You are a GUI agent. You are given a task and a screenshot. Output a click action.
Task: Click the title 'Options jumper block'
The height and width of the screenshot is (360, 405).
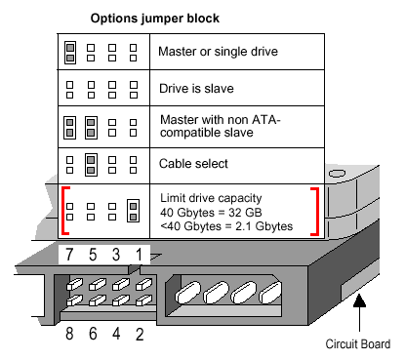click(x=155, y=19)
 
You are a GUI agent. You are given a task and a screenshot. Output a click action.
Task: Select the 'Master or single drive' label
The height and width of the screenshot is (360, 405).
click(x=218, y=52)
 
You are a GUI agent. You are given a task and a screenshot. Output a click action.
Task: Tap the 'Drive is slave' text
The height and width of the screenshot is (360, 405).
click(x=196, y=89)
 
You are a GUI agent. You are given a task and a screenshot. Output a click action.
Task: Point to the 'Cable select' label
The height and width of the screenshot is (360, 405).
click(x=193, y=164)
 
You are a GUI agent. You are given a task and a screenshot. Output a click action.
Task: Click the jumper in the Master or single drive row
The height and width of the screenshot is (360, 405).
click(x=70, y=53)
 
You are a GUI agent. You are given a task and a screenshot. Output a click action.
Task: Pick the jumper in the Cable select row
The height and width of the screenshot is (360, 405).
click(x=91, y=165)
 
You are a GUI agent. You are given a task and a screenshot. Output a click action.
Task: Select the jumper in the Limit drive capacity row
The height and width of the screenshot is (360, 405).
click(x=133, y=211)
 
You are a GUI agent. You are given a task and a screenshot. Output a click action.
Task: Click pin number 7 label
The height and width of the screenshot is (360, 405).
click(x=69, y=255)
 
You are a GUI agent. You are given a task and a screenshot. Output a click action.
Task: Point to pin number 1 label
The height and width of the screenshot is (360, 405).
click(x=140, y=255)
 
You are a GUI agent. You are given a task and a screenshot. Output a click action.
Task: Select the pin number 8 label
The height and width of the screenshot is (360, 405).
click(x=69, y=334)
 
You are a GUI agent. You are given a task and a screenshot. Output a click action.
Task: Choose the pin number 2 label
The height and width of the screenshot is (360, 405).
click(x=140, y=335)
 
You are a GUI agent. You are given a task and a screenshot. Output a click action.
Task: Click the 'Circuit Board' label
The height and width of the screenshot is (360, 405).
click(x=358, y=344)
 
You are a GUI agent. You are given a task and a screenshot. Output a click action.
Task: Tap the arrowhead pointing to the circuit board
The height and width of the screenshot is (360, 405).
click(x=359, y=300)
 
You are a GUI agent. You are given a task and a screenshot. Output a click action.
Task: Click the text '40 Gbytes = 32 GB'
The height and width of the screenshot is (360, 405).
click(x=211, y=213)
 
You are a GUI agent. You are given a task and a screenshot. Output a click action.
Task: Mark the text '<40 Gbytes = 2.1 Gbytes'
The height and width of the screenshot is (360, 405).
click(x=226, y=226)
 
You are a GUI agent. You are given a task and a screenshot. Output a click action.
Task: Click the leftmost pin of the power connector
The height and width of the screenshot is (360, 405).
click(x=188, y=292)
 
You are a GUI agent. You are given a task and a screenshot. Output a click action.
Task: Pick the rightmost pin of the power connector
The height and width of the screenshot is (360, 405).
click(x=270, y=293)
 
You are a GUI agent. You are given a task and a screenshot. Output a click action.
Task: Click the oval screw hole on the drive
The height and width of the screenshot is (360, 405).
click(x=337, y=173)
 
